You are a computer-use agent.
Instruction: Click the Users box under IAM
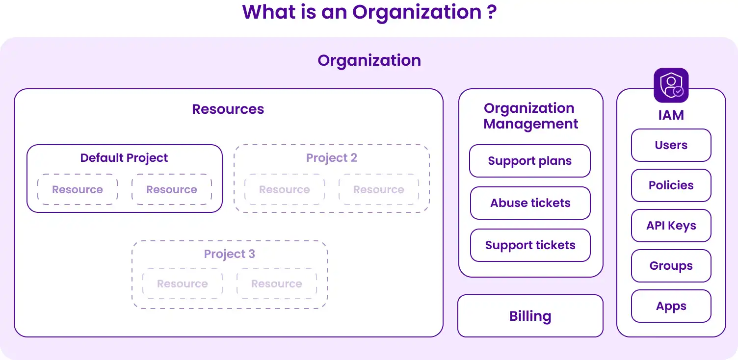tap(671, 145)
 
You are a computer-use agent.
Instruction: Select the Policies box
tap(671, 185)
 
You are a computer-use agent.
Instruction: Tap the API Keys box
tap(671, 226)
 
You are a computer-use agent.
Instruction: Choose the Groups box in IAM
tap(671, 266)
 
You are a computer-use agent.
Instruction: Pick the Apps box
tap(671, 306)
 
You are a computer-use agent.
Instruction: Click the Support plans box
tap(530, 161)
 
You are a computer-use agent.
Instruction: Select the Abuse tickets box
tap(530, 203)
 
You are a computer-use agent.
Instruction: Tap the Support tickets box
tap(530, 245)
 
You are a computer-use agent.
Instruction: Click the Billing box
tap(530, 316)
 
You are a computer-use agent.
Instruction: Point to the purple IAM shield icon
tap(671, 85)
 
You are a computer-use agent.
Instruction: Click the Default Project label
tap(124, 158)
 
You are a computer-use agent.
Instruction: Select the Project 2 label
tap(331, 158)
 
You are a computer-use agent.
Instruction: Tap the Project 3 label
tap(229, 254)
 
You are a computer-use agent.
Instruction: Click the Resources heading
tap(228, 109)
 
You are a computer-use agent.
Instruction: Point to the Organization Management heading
tap(530, 116)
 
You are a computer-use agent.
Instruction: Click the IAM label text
tap(671, 115)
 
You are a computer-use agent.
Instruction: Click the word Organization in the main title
tap(417, 13)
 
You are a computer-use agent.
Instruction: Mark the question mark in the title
tap(492, 12)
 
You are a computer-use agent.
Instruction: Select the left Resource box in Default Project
tap(78, 189)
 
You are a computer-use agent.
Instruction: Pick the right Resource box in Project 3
tap(277, 283)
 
